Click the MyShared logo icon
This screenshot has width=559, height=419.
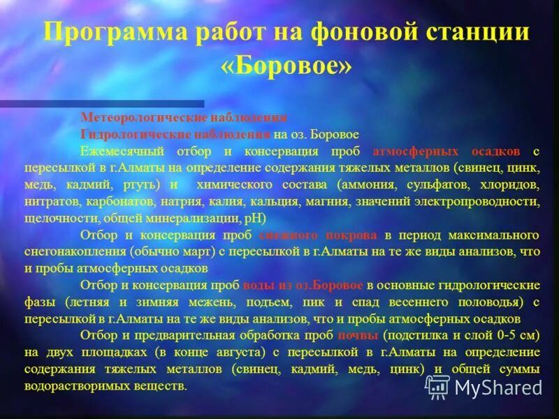click(x=437, y=386)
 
